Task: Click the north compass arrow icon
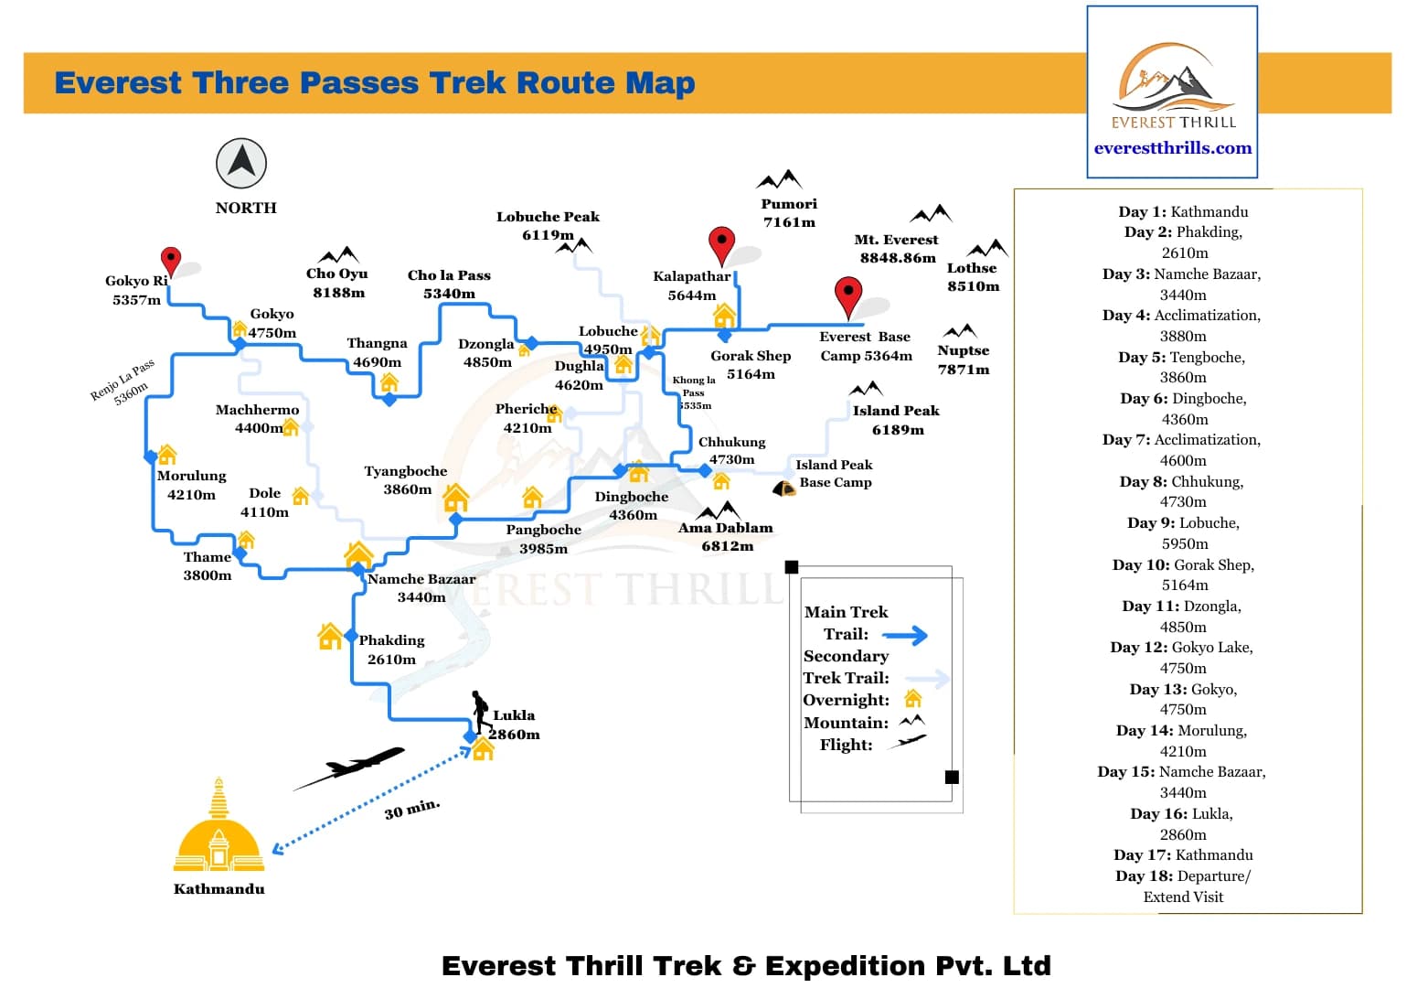click(x=241, y=163)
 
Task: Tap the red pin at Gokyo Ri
click(x=170, y=261)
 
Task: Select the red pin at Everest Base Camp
click(x=848, y=295)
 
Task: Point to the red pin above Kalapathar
click(x=722, y=244)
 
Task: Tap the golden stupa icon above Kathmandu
click(x=218, y=828)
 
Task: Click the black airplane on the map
click(x=351, y=767)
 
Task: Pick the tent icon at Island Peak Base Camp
click(x=783, y=489)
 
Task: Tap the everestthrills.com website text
click(x=1173, y=148)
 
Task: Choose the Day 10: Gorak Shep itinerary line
click(x=1183, y=565)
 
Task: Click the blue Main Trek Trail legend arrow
click(x=905, y=635)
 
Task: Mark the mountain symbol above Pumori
click(x=780, y=179)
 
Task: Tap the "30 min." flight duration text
click(x=412, y=809)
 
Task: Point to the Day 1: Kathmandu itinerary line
click(x=1183, y=211)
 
